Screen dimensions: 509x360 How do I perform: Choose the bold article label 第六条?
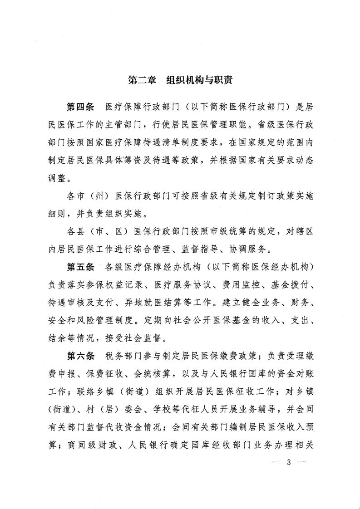pyautogui.click(x=80, y=354)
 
